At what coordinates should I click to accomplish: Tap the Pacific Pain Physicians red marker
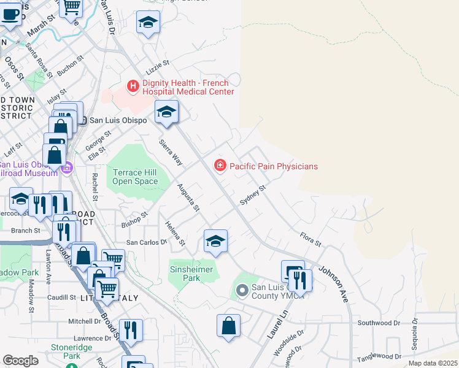220,166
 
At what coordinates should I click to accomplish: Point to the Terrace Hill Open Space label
135,177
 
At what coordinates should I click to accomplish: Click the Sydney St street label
252,196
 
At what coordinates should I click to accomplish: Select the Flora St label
310,239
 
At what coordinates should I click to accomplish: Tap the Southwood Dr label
379,323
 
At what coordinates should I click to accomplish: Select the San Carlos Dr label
147,242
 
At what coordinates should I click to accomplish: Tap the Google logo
20,360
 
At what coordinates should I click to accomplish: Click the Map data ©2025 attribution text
433,363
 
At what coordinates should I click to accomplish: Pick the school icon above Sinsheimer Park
215,242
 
